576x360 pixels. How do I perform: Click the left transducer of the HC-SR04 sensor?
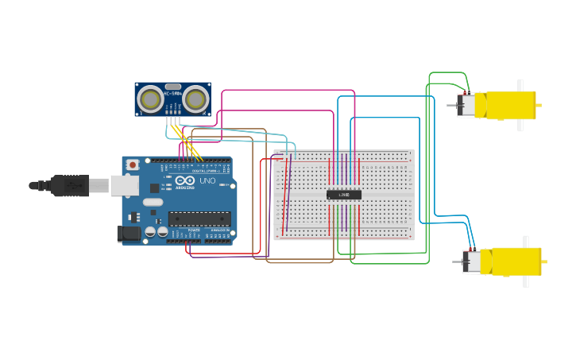(x=149, y=99)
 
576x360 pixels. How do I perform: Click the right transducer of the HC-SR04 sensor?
(x=195, y=99)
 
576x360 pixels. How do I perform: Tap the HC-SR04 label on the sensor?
(x=172, y=94)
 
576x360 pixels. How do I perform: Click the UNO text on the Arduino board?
(x=207, y=181)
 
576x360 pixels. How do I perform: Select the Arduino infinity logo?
(x=186, y=181)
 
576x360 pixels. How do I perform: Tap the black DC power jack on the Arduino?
(x=128, y=233)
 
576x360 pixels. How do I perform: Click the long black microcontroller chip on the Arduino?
(x=199, y=218)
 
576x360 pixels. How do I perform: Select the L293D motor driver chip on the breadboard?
(x=344, y=195)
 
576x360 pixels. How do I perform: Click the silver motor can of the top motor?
(x=466, y=105)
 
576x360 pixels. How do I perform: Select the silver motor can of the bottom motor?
(x=471, y=261)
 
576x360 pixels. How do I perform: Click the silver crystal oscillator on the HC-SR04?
(x=172, y=87)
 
